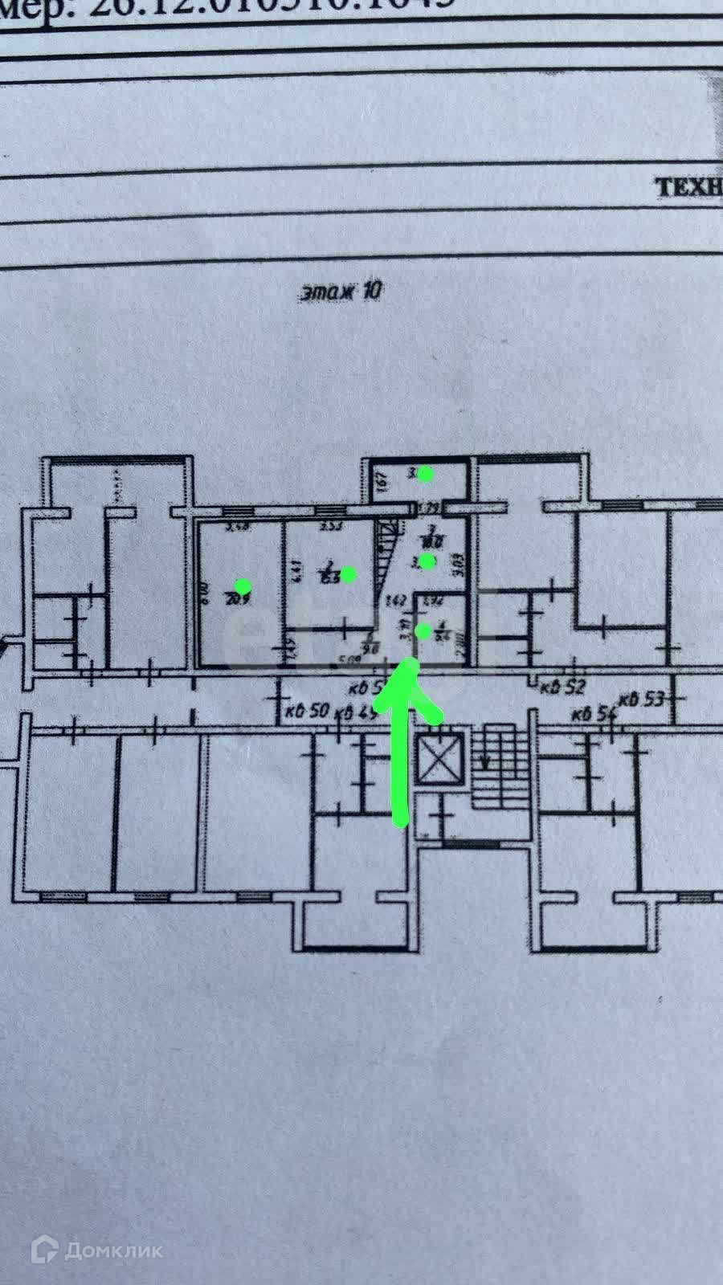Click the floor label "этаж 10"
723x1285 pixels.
pyautogui.click(x=340, y=291)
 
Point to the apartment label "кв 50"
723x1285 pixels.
pyautogui.click(x=308, y=712)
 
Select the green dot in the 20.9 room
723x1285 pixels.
pyautogui.click(x=242, y=586)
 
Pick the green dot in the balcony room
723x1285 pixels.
pyautogui.click(x=425, y=474)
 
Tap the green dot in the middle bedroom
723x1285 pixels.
pyautogui.click(x=349, y=573)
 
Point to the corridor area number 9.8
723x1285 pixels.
pyautogui.click(x=370, y=650)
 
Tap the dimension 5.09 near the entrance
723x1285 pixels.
pyautogui.click(x=347, y=663)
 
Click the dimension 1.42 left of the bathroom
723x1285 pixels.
pyautogui.click(x=395, y=599)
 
